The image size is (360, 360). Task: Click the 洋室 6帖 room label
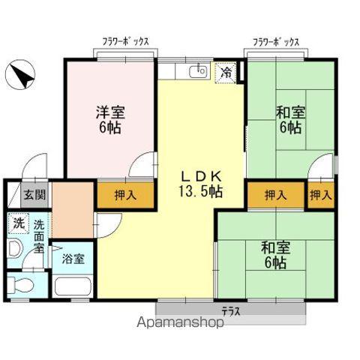click(x=109, y=119)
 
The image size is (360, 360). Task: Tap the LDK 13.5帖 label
click(x=199, y=184)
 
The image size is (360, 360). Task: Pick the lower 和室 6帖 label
click(x=274, y=254)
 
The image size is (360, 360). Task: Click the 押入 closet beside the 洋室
click(x=125, y=196)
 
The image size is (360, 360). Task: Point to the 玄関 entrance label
click(x=34, y=195)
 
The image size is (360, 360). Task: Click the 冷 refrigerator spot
click(x=225, y=73)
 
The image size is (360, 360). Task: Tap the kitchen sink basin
click(x=199, y=72)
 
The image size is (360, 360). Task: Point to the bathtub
click(x=72, y=286)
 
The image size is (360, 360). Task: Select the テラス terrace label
click(x=230, y=310)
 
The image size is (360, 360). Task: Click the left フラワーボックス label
click(x=125, y=43)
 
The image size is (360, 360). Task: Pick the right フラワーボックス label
click(x=275, y=43)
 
